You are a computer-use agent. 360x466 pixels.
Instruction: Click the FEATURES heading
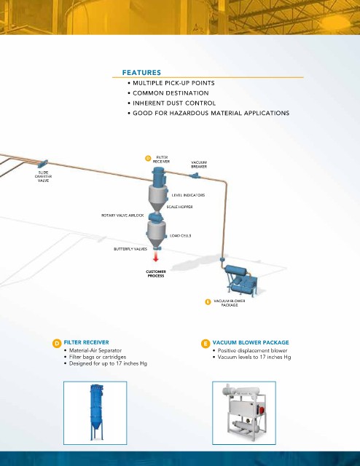(141, 73)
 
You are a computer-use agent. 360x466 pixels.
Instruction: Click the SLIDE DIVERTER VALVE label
(43, 176)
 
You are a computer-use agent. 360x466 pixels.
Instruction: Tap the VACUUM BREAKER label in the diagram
(199, 165)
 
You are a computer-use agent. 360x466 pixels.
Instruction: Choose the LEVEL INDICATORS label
(188, 195)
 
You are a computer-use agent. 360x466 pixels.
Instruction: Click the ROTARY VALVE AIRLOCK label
(122, 216)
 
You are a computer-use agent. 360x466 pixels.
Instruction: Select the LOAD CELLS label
(181, 236)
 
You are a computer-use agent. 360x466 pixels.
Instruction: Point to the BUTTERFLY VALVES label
(130, 249)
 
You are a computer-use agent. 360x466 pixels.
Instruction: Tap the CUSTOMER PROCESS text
(156, 274)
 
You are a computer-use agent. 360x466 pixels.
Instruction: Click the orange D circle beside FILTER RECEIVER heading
(57, 344)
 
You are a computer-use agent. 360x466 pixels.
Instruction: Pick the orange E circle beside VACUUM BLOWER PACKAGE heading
(206, 344)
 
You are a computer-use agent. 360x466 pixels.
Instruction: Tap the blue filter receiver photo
(97, 412)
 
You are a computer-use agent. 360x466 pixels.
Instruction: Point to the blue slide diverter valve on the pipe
(42, 164)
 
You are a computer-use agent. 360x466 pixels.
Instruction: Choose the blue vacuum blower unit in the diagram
(241, 280)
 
